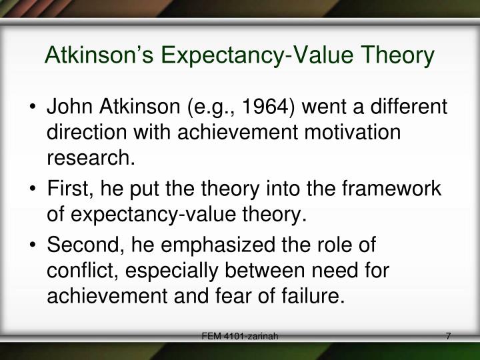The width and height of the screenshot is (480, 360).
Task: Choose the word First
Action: click(x=67, y=189)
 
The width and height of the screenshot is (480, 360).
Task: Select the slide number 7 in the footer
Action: click(x=449, y=339)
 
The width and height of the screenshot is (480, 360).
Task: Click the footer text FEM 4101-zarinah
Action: click(x=240, y=339)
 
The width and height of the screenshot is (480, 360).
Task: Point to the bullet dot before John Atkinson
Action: click(x=33, y=109)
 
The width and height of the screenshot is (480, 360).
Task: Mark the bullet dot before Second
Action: click(x=33, y=247)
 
